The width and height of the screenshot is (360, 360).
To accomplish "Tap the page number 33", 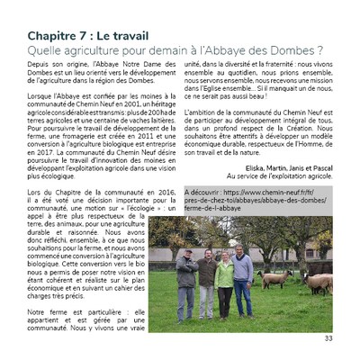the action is (328, 338).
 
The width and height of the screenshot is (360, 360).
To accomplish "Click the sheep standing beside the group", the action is (272, 280).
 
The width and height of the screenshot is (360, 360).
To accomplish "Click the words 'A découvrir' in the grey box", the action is (206, 192).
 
